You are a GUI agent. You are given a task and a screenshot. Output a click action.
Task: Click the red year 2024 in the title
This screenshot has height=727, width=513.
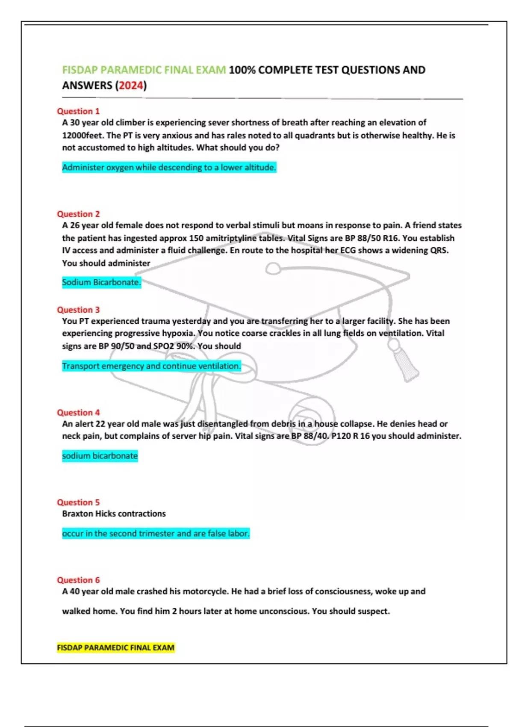[x=131, y=86]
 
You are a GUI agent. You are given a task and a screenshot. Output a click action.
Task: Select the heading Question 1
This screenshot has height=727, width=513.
[x=78, y=111]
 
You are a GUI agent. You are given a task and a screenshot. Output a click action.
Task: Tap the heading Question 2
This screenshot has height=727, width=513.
[x=78, y=214]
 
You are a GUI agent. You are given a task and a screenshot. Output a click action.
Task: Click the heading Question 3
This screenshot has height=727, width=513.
[x=78, y=310]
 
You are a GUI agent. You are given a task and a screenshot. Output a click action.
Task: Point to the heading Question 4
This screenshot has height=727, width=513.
[x=78, y=412]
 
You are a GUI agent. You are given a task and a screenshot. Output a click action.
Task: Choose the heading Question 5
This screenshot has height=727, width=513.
[x=78, y=502]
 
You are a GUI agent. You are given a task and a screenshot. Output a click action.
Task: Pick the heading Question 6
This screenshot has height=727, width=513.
[x=78, y=580]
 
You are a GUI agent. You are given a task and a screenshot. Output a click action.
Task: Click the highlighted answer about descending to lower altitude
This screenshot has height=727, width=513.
[x=169, y=167]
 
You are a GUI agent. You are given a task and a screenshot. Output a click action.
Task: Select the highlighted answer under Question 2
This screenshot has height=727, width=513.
[x=101, y=282]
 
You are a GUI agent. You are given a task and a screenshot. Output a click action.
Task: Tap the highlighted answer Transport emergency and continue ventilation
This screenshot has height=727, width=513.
[x=151, y=366]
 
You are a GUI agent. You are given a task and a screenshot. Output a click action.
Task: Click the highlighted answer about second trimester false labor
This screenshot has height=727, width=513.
[x=156, y=533]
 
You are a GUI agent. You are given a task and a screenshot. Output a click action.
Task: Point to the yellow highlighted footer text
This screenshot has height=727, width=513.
[x=115, y=647]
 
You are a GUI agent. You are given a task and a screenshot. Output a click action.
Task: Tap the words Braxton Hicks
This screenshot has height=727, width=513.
[x=89, y=514]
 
